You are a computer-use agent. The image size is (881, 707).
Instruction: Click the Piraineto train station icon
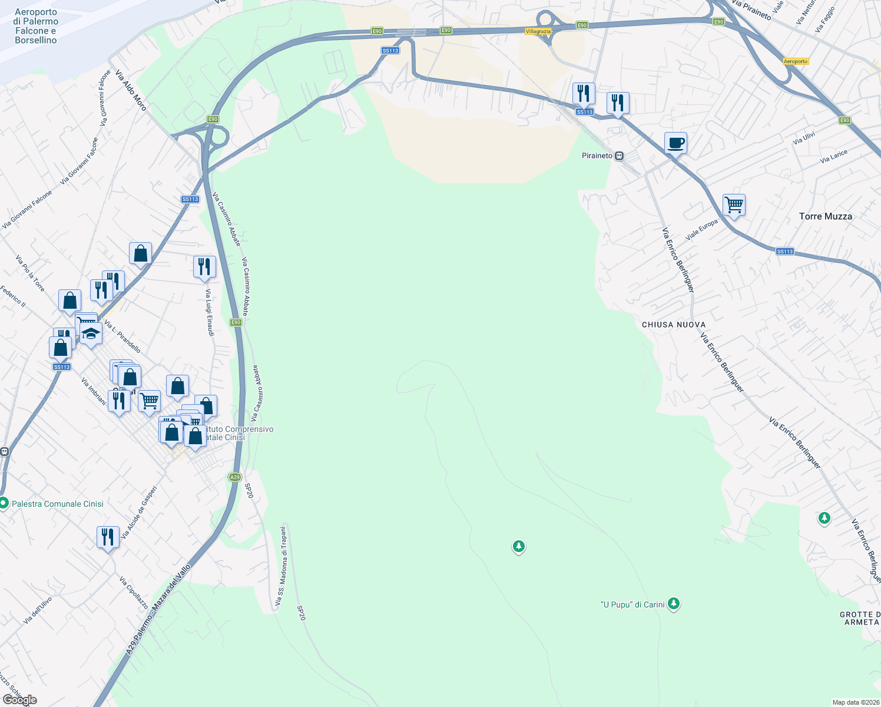[x=619, y=156]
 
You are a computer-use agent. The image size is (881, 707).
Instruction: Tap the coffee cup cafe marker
[x=675, y=142]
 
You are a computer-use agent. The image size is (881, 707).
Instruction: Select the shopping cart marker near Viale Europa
[x=734, y=205]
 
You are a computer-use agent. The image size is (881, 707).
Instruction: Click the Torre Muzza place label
[x=825, y=216]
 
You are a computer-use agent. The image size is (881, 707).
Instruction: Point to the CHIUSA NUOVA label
[x=673, y=325]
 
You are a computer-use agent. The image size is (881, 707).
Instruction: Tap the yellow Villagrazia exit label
[x=538, y=31]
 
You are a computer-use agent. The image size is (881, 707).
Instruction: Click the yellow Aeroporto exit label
[x=796, y=61]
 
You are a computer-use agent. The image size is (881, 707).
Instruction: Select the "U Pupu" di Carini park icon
[x=674, y=604]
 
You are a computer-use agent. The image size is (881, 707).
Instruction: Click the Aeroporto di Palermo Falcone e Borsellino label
[x=36, y=26]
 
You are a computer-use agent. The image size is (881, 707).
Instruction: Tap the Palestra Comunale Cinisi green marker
[x=4, y=503]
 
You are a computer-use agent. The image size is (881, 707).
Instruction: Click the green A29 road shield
[x=235, y=477]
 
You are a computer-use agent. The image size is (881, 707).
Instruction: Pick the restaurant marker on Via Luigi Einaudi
[x=204, y=266]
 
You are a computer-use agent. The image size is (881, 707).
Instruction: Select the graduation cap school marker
[x=91, y=334]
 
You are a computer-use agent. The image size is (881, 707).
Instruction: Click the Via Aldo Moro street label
[x=131, y=91]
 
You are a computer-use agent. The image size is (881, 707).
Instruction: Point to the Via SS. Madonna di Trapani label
[x=281, y=566]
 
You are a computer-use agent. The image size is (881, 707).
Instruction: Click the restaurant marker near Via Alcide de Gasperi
[x=108, y=537]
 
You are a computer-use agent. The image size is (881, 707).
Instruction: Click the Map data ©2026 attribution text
[x=855, y=702]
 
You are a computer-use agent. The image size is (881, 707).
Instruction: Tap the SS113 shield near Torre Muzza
[x=784, y=252]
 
